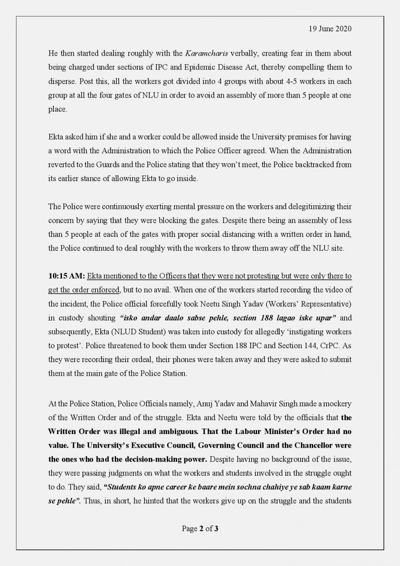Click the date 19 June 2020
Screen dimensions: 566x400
(x=330, y=29)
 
